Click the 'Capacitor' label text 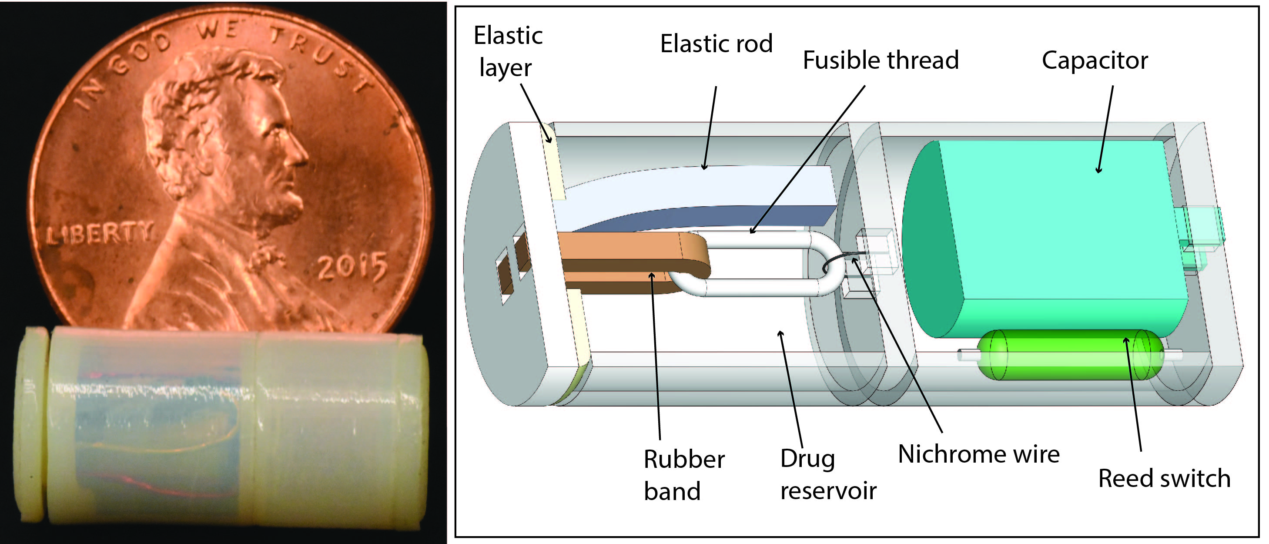[1094, 60]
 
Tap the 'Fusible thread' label [881, 60]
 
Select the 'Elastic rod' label [716, 44]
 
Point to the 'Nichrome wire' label [978, 454]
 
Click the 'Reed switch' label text [1164, 478]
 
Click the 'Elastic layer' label [507, 51]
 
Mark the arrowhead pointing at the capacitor [1098, 171]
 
